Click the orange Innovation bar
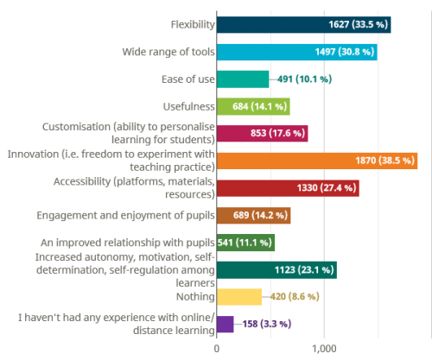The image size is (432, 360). click(x=317, y=161)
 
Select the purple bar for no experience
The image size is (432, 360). click(x=226, y=325)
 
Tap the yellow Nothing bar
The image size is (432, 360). click(x=239, y=297)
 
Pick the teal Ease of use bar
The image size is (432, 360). click(x=243, y=79)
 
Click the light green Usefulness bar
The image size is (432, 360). click(x=253, y=106)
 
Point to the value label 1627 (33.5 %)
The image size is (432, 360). click(x=359, y=24)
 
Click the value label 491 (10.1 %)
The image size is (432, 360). click(x=304, y=79)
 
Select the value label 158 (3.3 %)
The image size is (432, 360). click(x=267, y=324)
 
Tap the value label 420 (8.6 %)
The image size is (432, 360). click(x=295, y=297)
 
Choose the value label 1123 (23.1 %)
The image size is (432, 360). click(x=304, y=270)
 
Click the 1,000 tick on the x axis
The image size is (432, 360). click(x=324, y=349)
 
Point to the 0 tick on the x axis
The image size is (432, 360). click(x=217, y=349)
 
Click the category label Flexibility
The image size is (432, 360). click(x=193, y=25)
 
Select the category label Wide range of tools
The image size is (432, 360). click(x=168, y=52)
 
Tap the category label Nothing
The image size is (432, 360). click(x=195, y=297)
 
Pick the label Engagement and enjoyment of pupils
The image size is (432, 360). click(x=125, y=216)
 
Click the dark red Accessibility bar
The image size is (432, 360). click(x=288, y=188)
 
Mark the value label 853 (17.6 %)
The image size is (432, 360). click(x=277, y=133)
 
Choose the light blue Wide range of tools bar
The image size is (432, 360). click(x=297, y=52)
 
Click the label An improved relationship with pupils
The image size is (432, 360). click(x=128, y=243)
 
